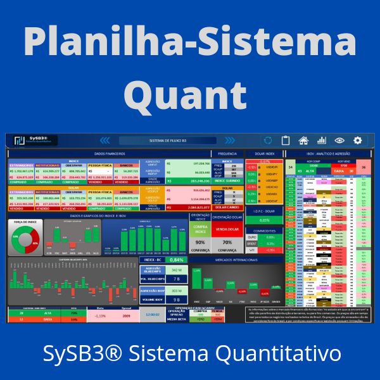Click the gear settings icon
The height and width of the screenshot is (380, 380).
[x=357, y=141]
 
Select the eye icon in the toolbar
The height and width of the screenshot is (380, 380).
[x=339, y=141]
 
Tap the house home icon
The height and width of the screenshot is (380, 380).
[x=304, y=141]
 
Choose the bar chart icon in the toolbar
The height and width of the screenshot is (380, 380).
[x=322, y=141]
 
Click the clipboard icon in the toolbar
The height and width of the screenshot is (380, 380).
[x=286, y=141]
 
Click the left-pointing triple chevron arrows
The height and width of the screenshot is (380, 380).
[x=105, y=141]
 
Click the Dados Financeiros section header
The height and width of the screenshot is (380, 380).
[x=109, y=154]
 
